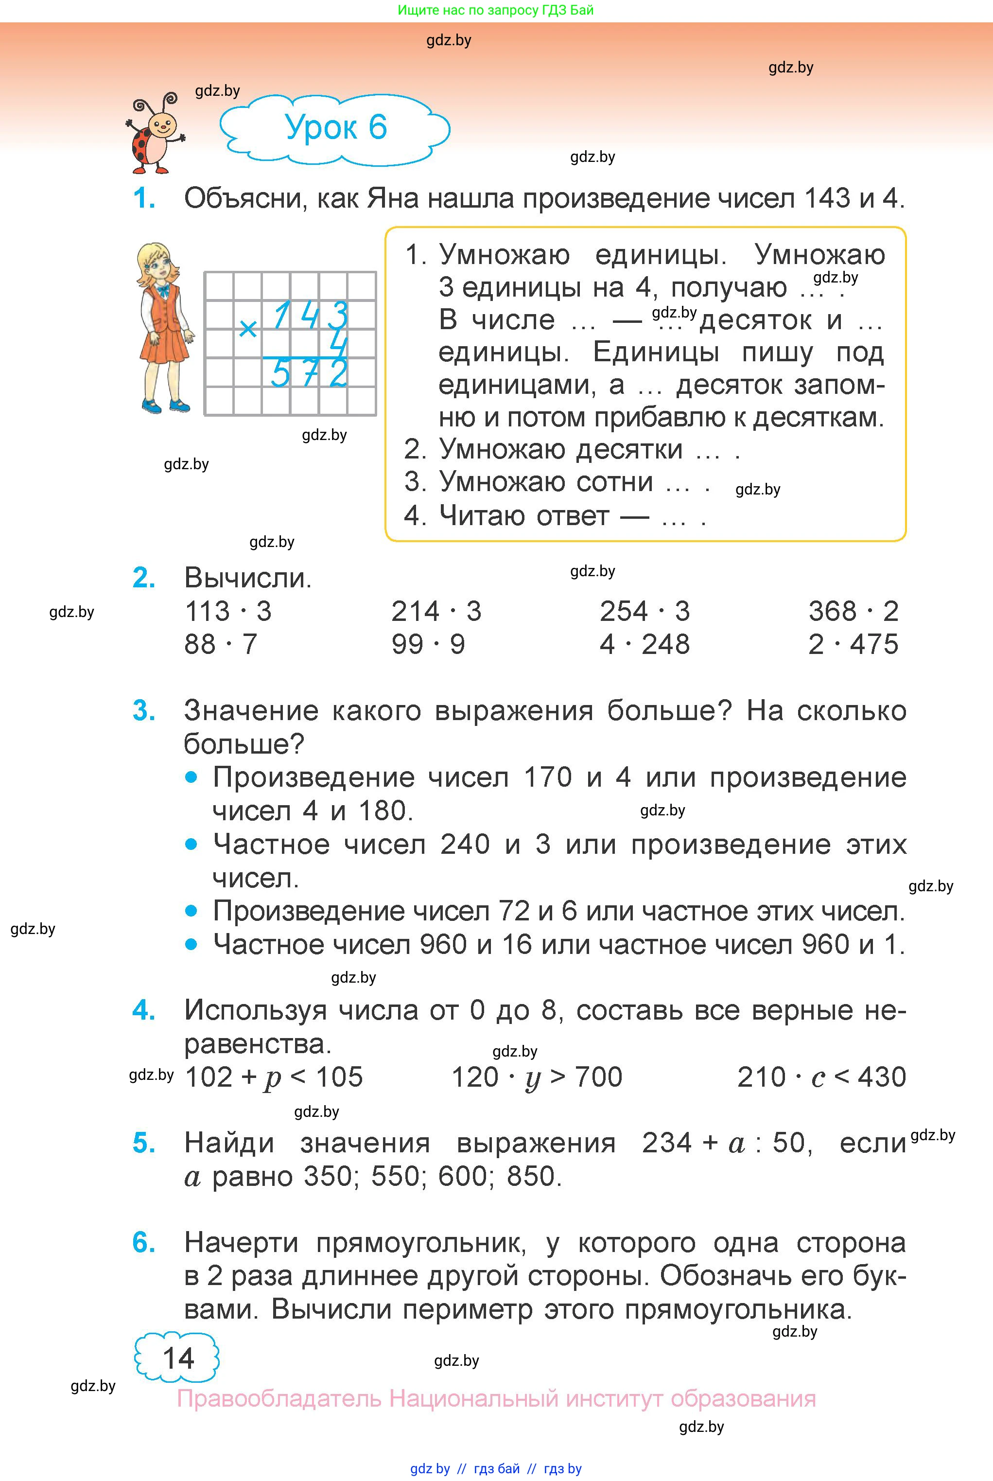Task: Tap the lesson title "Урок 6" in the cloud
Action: tap(336, 127)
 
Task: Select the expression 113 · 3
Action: tap(228, 611)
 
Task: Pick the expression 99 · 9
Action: tap(428, 644)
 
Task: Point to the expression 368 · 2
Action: tap(853, 611)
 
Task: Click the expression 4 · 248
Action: tap(645, 644)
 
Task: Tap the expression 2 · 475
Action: tap(853, 644)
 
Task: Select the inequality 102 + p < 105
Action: tap(274, 1077)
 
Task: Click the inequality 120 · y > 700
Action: tap(537, 1077)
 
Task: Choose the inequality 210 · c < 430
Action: tap(821, 1077)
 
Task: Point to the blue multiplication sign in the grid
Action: tap(248, 328)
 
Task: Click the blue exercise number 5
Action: tap(144, 1144)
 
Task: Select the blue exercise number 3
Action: tap(144, 711)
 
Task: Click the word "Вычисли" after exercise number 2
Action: tap(247, 578)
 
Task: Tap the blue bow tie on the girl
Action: tap(164, 291)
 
